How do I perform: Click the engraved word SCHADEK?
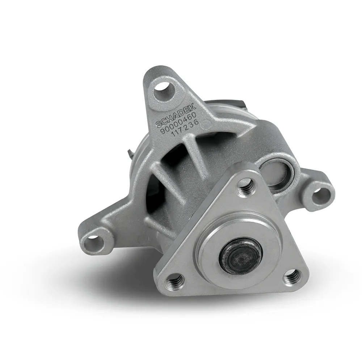point(176,115)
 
